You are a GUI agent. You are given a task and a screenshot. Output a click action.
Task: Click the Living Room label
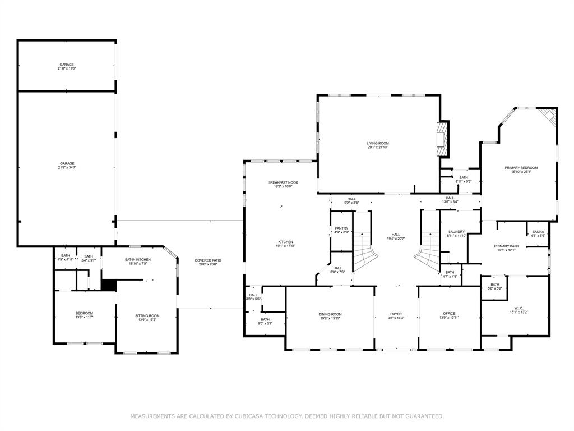[378, 143]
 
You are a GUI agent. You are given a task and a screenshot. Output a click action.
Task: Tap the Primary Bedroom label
[521, 168]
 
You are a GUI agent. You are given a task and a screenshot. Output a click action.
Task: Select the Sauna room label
[538, 231]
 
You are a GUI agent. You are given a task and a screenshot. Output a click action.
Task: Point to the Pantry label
[341, 228]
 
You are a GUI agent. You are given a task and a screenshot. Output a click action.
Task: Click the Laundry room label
[457, 232]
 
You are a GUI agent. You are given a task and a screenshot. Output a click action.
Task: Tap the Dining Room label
[330, 314]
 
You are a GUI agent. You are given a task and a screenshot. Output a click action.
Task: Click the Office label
[449, 313]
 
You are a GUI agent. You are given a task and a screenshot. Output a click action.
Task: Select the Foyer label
[396, 314]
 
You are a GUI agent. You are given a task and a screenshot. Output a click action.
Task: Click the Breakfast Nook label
[283, 182]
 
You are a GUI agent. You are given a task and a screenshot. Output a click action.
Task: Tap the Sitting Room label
[147, 316]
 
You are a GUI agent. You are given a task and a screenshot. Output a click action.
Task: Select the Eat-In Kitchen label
[137, 260]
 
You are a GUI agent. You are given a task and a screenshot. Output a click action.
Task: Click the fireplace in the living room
[443, 139]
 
